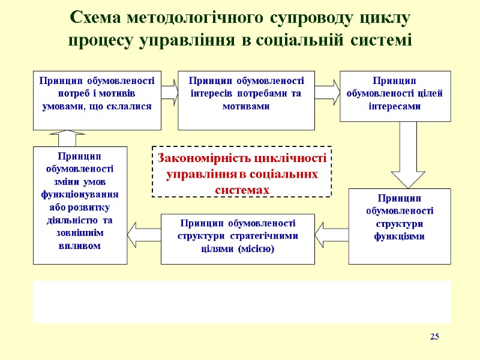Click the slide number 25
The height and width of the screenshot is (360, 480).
434,337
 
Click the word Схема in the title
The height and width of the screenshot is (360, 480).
98,18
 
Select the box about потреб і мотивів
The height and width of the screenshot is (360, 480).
97,100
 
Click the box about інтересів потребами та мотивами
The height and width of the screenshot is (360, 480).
246,100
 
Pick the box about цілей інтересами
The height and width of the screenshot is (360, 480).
395,96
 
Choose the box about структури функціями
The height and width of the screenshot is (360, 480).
399,226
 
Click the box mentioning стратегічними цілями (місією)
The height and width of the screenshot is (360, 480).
238,239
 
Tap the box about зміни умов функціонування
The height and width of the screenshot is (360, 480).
80,205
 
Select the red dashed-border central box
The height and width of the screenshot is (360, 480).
242,172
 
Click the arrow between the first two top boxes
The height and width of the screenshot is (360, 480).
170,91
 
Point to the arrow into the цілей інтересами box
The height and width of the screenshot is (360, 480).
327,91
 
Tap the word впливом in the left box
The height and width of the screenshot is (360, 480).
80,246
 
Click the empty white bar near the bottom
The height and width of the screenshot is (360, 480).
242,302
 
